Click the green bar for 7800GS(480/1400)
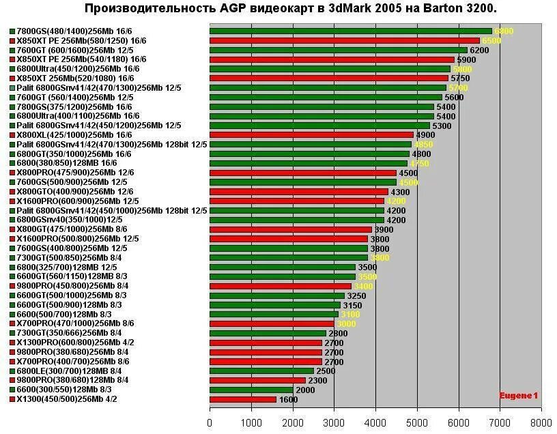click(350, 31)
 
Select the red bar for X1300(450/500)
click(242, 399)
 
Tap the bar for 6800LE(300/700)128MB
click(261, 371)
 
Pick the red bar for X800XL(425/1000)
click(311, 135)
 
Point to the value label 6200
click(479, 50)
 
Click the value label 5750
click(460, 78)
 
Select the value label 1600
click(288, 399)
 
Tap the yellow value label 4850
click(423, 145)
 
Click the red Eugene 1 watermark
click(518, 395)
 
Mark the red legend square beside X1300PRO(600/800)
click(12, 343)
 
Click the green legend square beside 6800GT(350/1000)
click(12, 154)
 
